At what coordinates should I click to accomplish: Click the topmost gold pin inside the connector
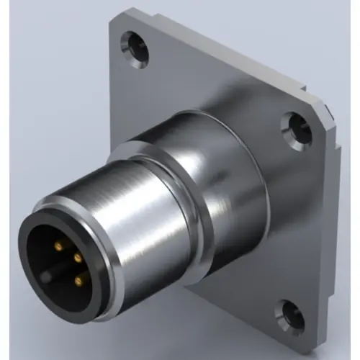click(58, 247)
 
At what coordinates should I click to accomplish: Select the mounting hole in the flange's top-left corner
click(135, 45)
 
